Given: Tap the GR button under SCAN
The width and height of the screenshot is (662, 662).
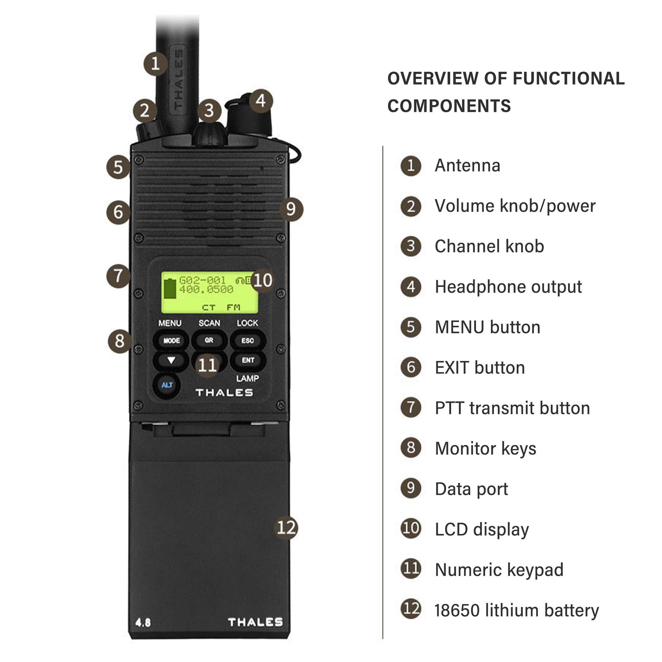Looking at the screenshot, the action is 209,341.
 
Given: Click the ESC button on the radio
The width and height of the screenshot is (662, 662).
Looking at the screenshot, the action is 248,341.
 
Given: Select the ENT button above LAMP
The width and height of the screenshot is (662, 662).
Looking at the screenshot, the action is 248,360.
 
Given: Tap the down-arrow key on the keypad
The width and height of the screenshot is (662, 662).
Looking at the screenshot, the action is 171,360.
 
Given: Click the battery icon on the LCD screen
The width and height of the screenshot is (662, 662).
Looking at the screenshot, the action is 170,288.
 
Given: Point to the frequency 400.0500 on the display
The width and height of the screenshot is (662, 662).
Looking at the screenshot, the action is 206,290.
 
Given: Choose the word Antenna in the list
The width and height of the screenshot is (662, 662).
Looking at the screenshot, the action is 467,166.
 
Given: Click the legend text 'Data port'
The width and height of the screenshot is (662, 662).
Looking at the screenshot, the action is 471,489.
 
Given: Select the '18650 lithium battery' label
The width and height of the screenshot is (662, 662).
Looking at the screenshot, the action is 517,611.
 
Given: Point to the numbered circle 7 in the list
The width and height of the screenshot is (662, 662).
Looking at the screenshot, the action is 411,407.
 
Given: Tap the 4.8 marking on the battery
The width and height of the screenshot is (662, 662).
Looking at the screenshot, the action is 143,623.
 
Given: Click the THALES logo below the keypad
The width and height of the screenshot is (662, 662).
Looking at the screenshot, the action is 224,393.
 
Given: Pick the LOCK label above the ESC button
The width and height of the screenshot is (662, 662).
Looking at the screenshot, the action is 247,323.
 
